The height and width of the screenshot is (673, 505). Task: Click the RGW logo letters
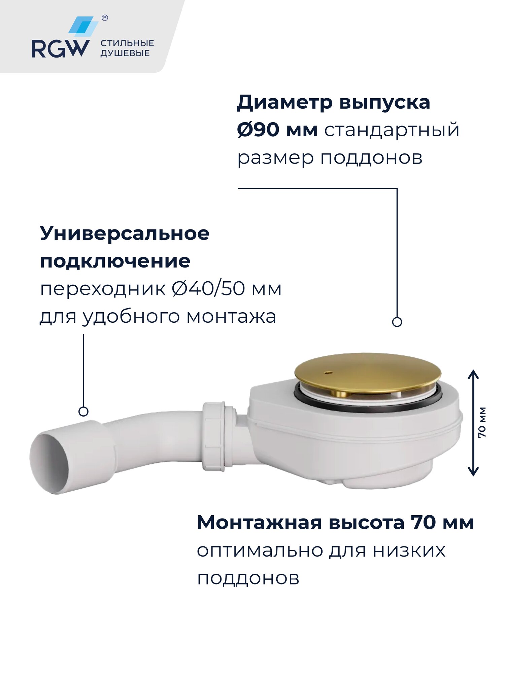(x=61, y=49)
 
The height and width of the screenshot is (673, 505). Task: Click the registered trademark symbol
(x=105, y=18)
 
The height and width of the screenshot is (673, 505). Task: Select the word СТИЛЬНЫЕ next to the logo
(x=127, y=43)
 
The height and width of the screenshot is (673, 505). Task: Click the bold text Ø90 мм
(x=277, y=130)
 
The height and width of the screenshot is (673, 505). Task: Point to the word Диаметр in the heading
(x=285, y=102)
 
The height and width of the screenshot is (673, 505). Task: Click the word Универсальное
(x=125, y=233)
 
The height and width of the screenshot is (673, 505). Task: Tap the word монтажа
(x=231, y=317)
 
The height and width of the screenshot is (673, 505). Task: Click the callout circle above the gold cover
(x=397, y=322)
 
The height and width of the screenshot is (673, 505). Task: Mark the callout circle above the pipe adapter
(x=83, y=411)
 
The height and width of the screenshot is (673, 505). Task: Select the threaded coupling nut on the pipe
(x=214, y=436)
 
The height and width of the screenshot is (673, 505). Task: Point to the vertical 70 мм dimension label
(x=482, y=422)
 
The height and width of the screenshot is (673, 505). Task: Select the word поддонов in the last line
(x=248, y=579)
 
